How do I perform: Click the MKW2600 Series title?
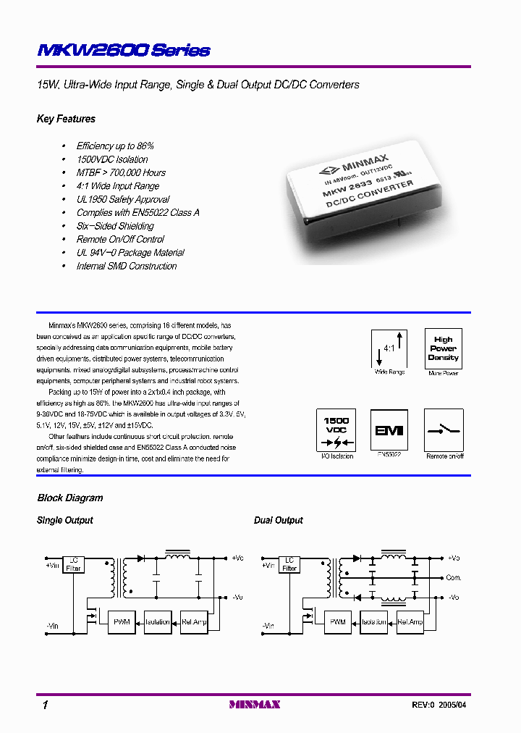pyautogui.click(x=123, y=50)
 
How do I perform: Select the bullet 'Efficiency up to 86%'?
pyautogui.click(x=115, y=146)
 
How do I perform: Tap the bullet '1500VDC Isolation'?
pyautogui.click(x=112, y=159)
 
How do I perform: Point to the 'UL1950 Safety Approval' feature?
pyautogui.click(x=123, y=199)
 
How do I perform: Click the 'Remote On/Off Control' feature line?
pyautogui.click(x=120, y=239)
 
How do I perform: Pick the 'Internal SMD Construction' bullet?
pyautogui.click(x=127, y=266)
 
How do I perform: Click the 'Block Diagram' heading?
pyautogui.click(x=70, y=498)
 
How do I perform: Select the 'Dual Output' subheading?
pyautogui.click(x=279, y=520)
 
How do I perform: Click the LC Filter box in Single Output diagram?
pyautogui.click(x=75, y=564)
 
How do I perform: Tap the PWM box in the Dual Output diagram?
pyautogui.click(x=338, y=621)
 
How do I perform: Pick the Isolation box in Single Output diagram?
pyautogui.click(x=157, y=621)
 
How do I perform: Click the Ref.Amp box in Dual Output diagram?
pyautogui.click(x=410, y=621)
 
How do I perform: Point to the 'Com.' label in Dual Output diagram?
pyautogui.click(x=454, y=578)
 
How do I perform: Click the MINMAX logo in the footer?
pyautogui.click(x=254, y=704)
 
